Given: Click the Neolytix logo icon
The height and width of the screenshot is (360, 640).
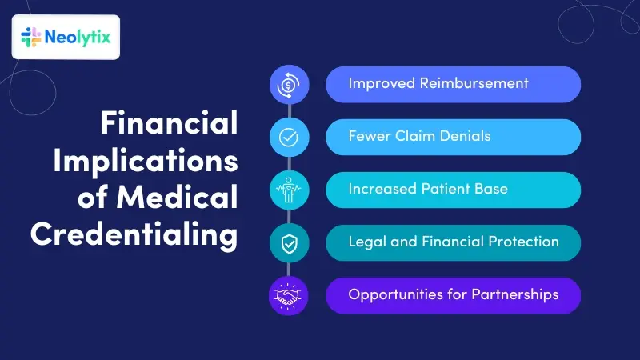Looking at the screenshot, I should click(x=31, y=37).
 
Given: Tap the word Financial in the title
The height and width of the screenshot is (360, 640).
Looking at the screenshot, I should click(x=169, y=124).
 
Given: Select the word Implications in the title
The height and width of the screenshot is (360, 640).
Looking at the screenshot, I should click(x=146, y=161).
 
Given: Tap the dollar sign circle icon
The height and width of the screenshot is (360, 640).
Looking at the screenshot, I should click(x=288, y=84).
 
